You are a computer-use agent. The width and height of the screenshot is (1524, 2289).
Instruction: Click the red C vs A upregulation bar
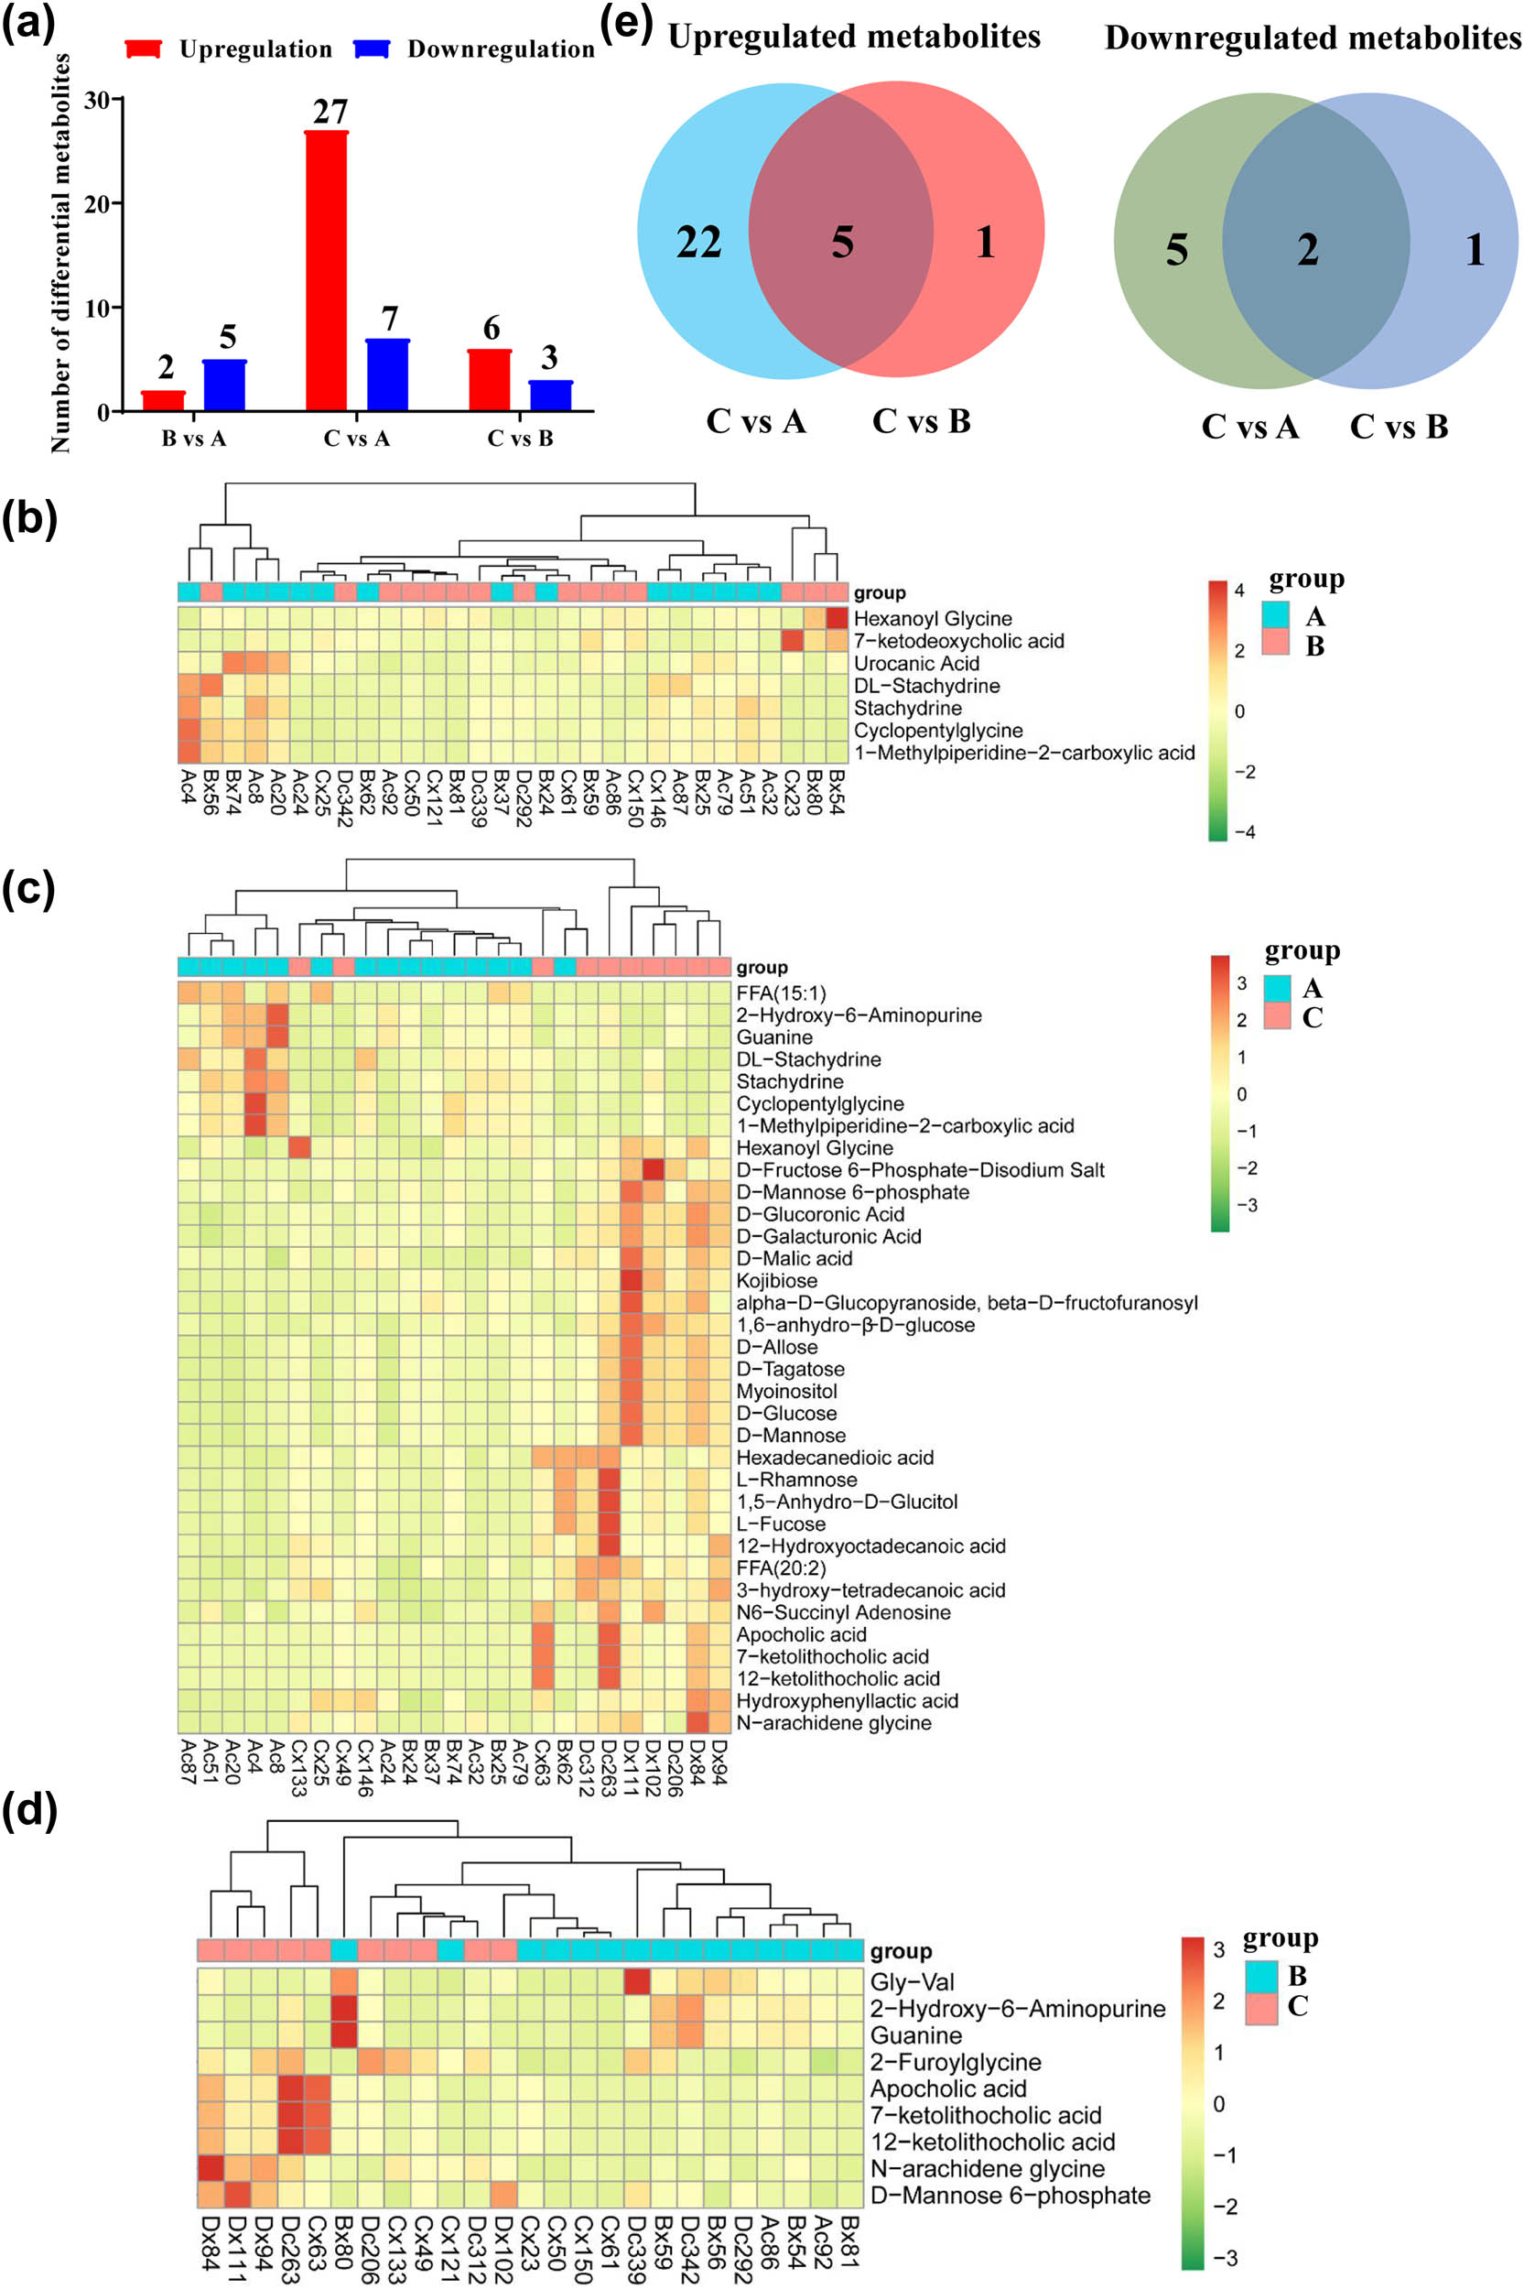pyautogui.click(x=327, y=272)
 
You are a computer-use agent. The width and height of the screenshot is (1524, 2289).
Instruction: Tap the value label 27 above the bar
pyautogui.click(x=330, y=112)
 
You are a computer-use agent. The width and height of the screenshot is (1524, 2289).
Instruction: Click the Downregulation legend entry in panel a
pyautogui.click(x=500, y=49)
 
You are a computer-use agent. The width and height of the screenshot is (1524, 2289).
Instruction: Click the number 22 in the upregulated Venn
pyautogui.click(x=698, y=242)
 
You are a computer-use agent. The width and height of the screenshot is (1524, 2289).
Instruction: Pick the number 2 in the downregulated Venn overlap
pyautogui.click(x=1308, y=250)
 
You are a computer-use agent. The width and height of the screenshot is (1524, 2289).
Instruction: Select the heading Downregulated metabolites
pyautogui.click(x=1313, y=38)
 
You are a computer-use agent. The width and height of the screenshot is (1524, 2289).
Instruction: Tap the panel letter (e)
pyautogui.click(x=626, y=21)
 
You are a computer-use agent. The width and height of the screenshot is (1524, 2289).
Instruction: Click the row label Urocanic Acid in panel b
pyautogui.click(x=915, y=664)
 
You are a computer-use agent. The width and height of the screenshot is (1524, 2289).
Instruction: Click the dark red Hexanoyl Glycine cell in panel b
pyautogui.click(x=837, y=618)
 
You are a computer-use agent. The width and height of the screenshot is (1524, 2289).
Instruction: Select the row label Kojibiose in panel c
pyautogui.click(x=776, y=1281)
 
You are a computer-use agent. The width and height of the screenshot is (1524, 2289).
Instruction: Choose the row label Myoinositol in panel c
pyautogui.click(x=786, y=1392)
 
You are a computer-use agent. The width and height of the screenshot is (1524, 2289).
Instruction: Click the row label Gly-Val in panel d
pyautogui.click(x=912, y=1982)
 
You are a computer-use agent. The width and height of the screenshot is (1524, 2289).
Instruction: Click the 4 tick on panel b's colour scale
pyautogui.click(x=1239, y=591)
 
